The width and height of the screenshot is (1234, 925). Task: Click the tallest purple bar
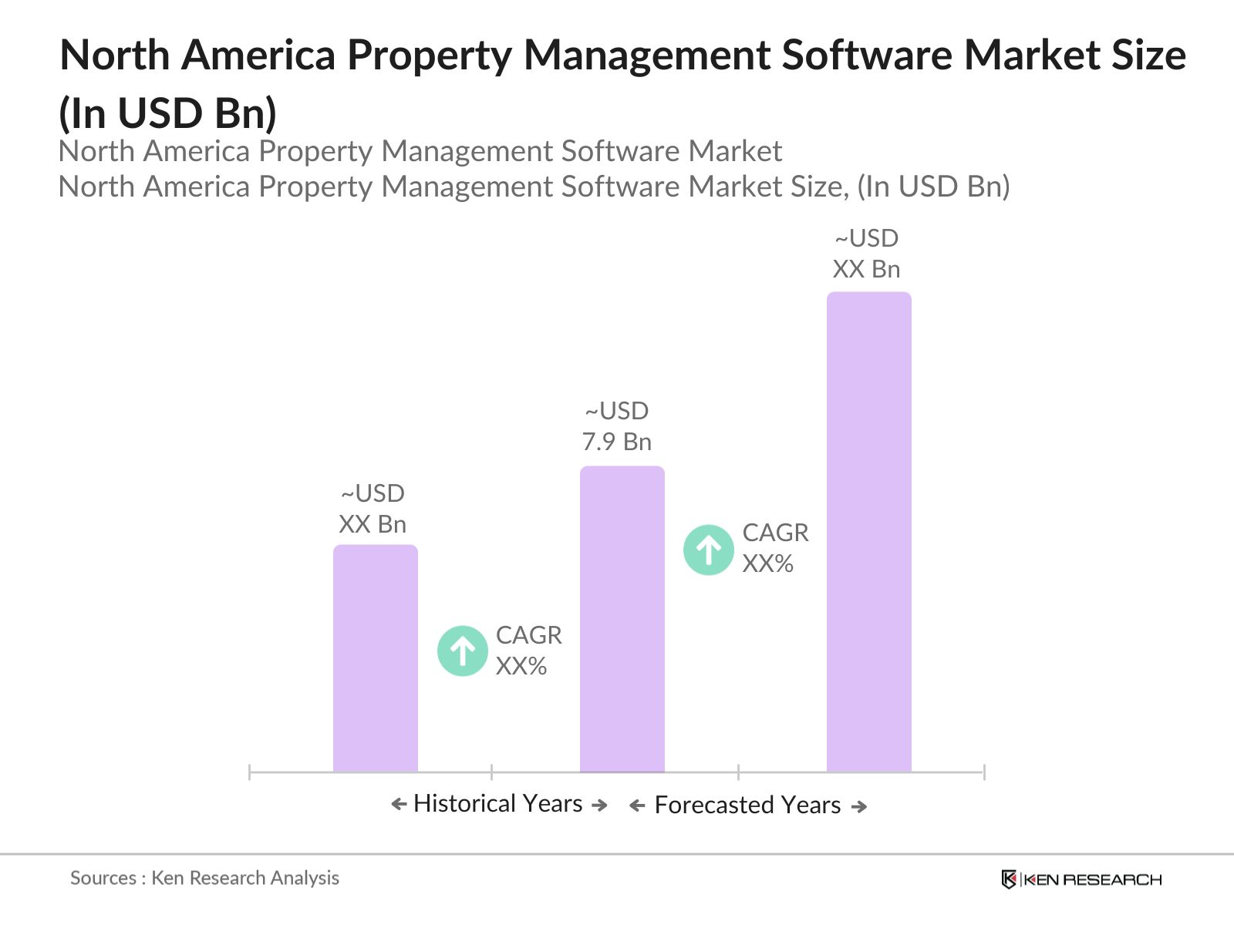click(x=868, y=532)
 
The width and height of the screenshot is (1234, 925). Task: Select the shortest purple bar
click(x=375, y=659)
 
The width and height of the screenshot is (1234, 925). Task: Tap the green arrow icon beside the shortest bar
click(x=462, y=651)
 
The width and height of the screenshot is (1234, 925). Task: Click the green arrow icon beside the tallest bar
click(x=708, y=550)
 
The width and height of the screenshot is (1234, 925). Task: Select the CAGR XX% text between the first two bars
click(x=528, y=651)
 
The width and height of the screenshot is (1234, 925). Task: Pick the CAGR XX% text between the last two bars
click(x=774, y=548)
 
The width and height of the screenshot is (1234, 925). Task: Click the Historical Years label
click(x=497, y=803)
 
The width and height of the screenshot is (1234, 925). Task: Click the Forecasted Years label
click(x=747, y=805)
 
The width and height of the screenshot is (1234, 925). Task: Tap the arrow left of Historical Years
click(x=399, y=805)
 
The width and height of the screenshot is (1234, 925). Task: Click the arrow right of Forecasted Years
click(x=859, y=806)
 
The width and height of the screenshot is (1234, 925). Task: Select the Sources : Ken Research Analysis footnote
click(x=204, y=878)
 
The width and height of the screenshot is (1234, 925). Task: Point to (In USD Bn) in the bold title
click(x=167, y=113)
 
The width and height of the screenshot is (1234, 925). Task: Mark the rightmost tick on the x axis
click(x=983, y=772)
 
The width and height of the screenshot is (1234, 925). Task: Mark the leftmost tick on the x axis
click(x=250, y=772)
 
